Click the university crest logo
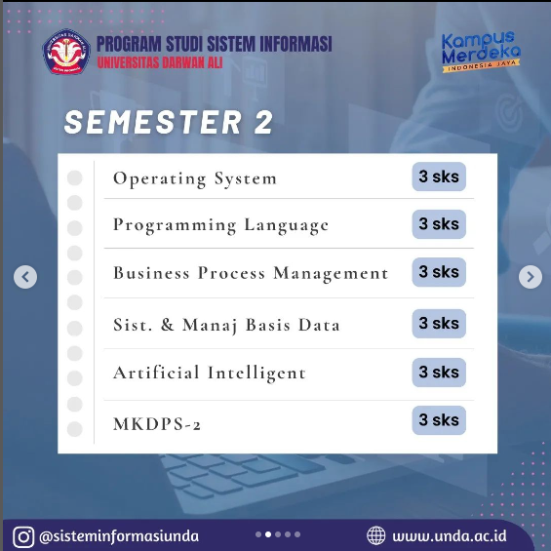click(66, 52)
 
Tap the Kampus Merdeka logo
click(481, 52)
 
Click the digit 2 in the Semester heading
click(263, 122)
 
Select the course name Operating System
click(195, 178)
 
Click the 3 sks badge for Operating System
click(439, 177)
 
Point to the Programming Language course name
click(220, 225)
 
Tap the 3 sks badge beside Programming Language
click(439, 224)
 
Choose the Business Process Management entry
click(251, 273)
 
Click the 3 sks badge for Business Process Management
click(439, 272)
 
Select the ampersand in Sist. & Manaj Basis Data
click(168, 325)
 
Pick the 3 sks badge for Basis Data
click(439, 324)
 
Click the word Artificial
click(156, 373)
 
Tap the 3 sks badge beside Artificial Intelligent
click(439, 373)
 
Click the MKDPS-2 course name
click(157, 424)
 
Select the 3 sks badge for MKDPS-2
click(439, 420)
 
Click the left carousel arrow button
click(25, 277)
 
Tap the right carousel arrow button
click(531, 277)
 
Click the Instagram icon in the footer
click(23, 536)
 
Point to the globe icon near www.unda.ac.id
click(376, 535)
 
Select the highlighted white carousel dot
click(268, 534)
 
